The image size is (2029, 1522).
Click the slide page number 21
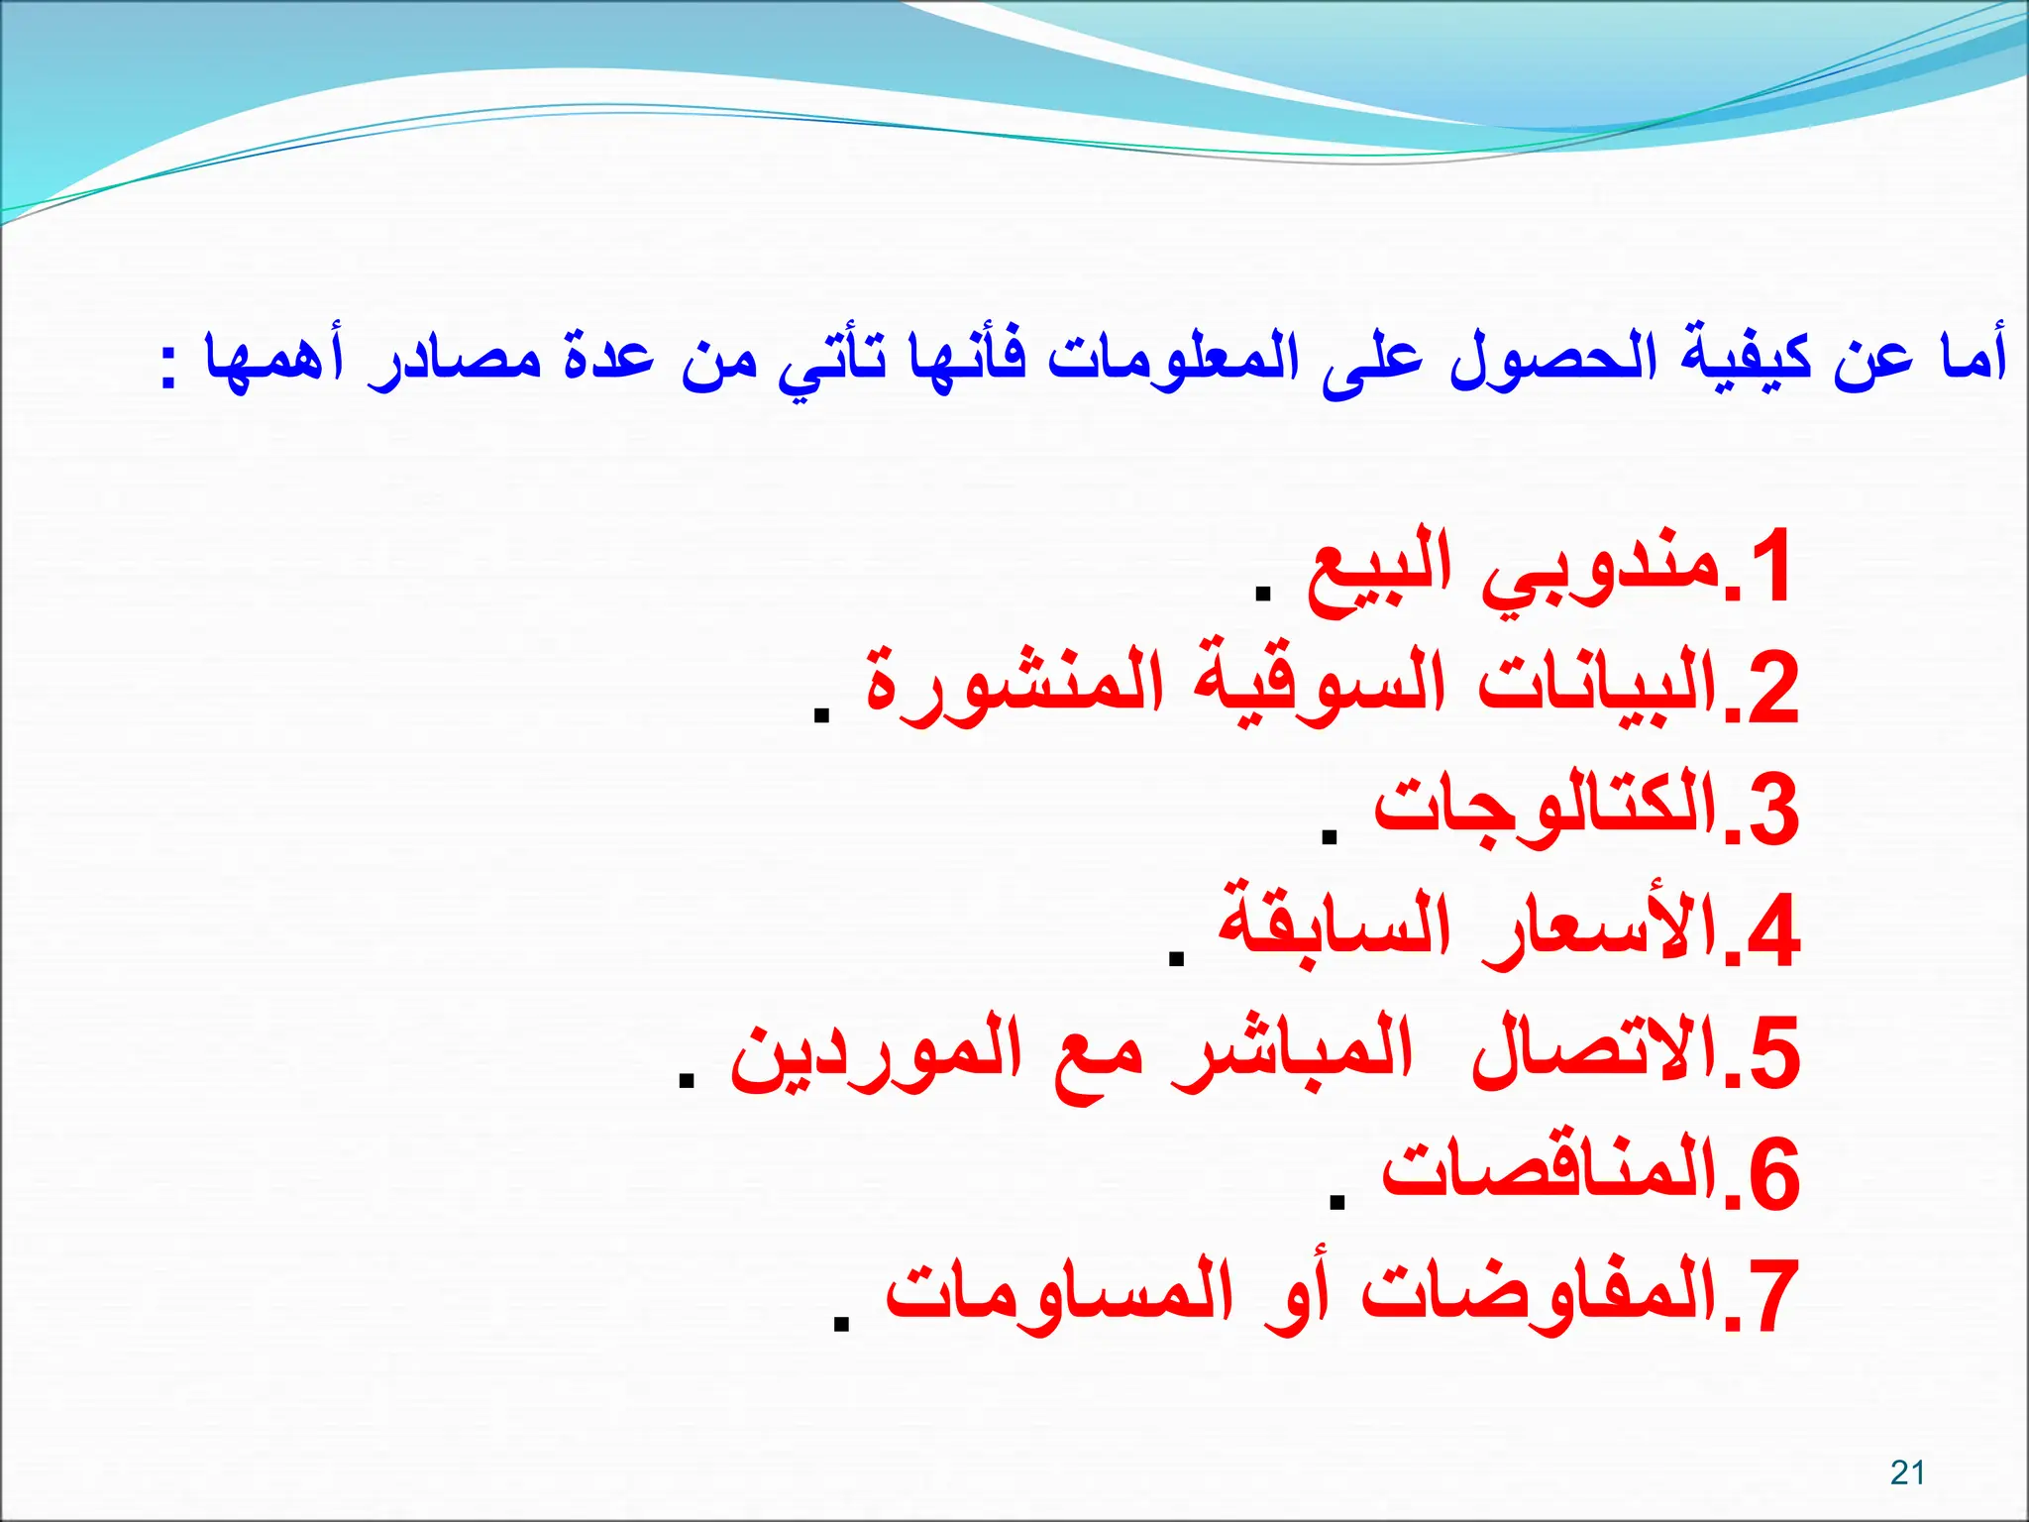(1907, 1472)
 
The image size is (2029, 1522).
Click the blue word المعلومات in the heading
(1173, 357)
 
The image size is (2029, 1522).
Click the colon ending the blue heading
(169, 367)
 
